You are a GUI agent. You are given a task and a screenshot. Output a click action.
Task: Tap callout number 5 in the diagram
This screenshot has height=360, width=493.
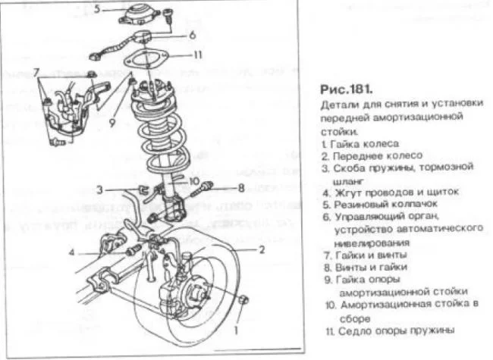point(97,9)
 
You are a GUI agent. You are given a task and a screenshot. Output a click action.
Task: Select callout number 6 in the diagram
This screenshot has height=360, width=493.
point(192,35)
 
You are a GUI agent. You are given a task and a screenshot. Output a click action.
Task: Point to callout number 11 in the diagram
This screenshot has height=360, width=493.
point(197,55)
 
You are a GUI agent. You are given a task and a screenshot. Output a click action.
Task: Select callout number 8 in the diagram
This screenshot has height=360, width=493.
point(241,186)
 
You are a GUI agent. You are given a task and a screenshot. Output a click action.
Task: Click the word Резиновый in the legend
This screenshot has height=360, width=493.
point(361,204)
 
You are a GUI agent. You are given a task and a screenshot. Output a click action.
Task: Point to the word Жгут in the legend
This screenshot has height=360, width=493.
point(345,193)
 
